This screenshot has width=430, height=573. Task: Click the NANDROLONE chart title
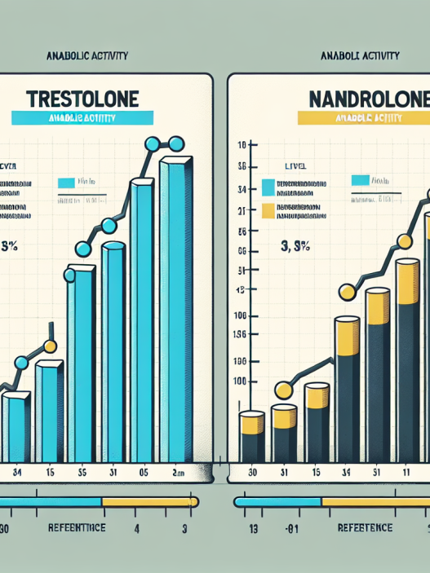[x=369, y=100]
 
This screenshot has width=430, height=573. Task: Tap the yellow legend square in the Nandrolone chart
[x=271, y=214]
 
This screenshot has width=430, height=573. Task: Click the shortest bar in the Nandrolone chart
[x=251, y=436]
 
